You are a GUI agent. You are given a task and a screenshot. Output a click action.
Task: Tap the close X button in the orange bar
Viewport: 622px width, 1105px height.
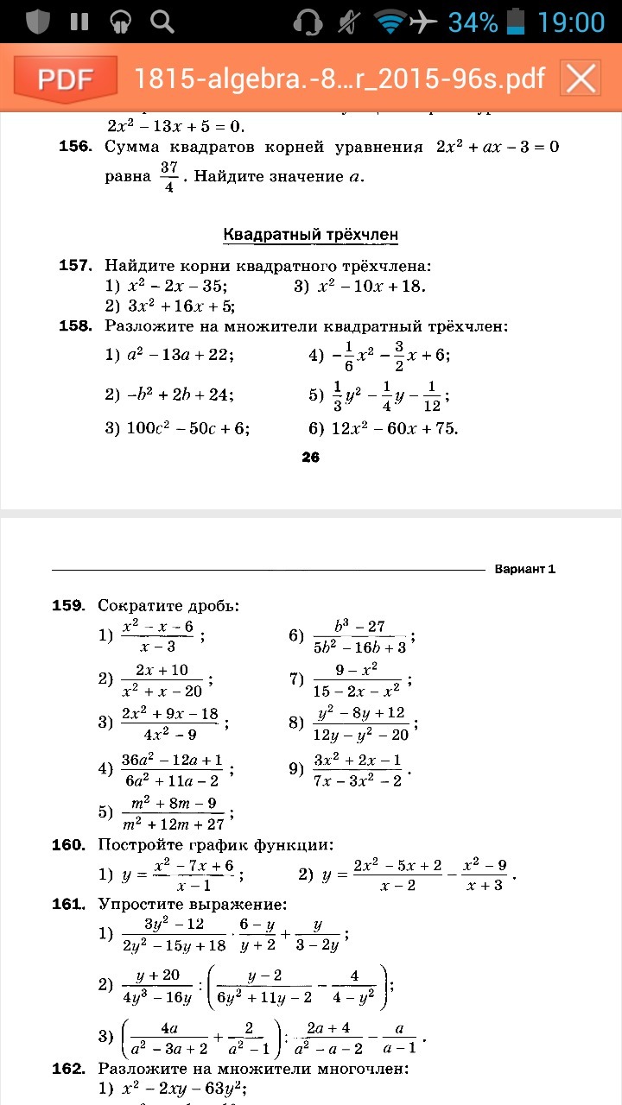tap(581, 79)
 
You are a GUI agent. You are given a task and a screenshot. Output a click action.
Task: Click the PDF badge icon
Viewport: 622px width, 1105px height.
tap(66, 79)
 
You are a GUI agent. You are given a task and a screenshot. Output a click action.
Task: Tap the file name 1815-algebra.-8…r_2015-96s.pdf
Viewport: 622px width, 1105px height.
tap(340, 79)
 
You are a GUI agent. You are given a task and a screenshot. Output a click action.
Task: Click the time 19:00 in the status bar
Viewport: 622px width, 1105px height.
tap(571, 22)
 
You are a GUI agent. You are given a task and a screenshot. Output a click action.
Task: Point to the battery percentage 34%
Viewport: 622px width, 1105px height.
tap(473, 22)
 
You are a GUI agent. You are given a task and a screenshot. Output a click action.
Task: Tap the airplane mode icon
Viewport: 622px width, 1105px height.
tap(422, 22)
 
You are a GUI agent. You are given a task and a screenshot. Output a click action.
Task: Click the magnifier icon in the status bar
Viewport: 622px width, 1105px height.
tap(162, 22)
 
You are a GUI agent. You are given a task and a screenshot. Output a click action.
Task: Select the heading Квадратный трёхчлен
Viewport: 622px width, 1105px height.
tap(310, 235)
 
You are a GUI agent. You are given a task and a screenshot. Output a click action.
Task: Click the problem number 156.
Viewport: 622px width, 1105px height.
tap(75, 147)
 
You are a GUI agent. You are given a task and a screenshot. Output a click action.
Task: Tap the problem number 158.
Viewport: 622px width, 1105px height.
tap(75, 326)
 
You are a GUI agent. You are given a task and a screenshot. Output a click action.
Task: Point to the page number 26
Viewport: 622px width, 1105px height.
tap(311, 458)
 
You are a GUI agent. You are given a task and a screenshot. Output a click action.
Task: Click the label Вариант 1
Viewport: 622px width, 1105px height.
tap(524, 569)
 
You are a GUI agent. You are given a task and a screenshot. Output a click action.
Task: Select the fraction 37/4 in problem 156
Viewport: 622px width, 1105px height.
tap(168, 177)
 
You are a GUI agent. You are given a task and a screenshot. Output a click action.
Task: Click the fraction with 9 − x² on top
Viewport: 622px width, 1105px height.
tap(357, 680)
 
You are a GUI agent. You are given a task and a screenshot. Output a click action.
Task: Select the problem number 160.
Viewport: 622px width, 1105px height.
tap(68, 844)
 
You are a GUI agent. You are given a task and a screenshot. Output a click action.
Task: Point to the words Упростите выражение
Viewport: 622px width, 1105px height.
tap(192, 905)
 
